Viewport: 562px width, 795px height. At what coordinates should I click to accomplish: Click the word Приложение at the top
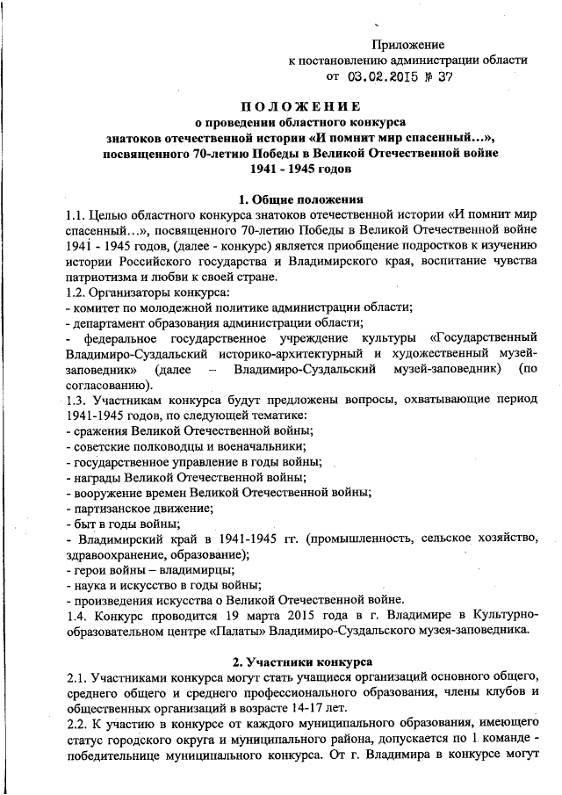(408, 44)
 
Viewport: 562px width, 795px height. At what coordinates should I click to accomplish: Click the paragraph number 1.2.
(78, 292)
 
